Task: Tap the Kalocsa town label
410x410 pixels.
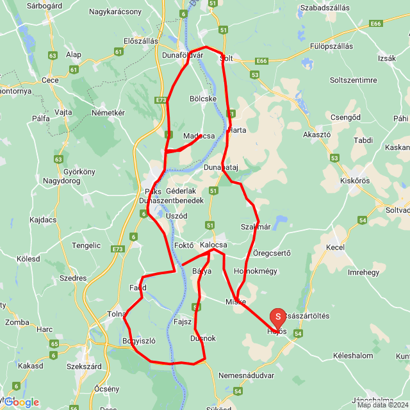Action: [214, 245]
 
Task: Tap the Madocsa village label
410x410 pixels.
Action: [199, 136]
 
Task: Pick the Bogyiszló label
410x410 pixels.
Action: [140, 341]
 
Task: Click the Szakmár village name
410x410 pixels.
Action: [256, 226]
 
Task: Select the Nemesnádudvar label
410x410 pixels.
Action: [246, 375]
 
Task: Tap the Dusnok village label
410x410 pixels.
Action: [204, 338]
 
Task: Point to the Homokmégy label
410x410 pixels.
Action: [256, 271]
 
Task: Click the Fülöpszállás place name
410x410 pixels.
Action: [331, 46]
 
